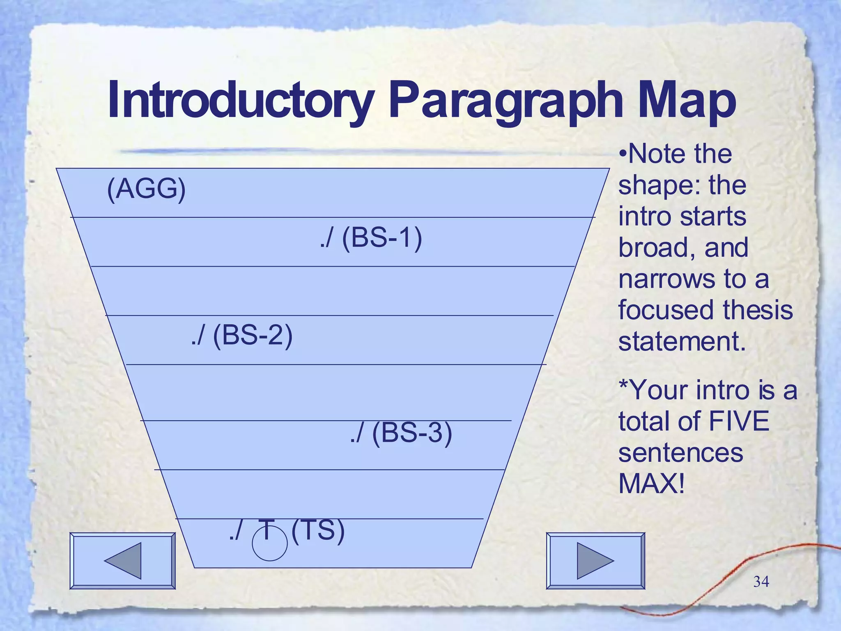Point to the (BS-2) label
point(253,336)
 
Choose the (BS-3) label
point(412,433)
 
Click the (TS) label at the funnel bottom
point(318,530)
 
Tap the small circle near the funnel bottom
point(269,544)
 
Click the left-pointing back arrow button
point(122,561)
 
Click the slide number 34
point(761,582)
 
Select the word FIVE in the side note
point(739,421)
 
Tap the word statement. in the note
point(682,341)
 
